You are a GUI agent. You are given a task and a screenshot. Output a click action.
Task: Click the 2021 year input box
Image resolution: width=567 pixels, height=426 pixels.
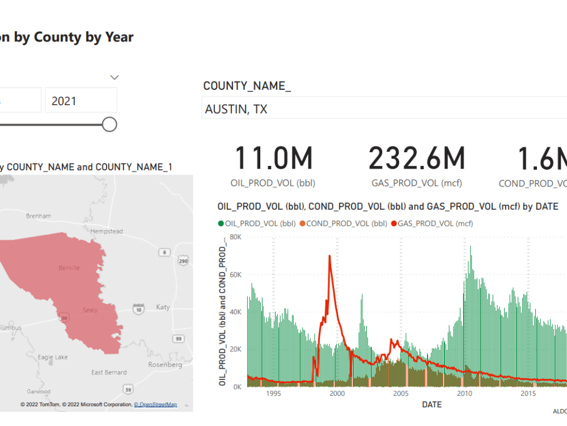coord(81,101)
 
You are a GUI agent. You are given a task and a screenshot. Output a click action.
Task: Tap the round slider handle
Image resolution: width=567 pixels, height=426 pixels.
coord(109,124)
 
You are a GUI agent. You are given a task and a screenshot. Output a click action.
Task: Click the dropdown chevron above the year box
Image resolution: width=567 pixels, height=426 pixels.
coord(115,77)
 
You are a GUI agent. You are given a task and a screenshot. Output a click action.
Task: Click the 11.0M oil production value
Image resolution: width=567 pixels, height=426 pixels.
coord(273,158)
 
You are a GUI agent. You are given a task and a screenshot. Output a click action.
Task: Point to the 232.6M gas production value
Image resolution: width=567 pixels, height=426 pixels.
coord(417,158)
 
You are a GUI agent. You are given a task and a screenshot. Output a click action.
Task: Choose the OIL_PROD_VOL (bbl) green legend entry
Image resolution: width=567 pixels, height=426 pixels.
coord(256,223)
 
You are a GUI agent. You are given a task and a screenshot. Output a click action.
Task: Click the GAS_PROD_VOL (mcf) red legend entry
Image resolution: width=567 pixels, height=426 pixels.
coord(432,223)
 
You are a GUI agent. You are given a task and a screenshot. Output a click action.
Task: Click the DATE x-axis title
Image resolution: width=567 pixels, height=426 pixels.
coord(433,405)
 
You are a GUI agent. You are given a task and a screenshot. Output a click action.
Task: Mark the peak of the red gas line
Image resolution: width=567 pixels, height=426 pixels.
coord(329,256)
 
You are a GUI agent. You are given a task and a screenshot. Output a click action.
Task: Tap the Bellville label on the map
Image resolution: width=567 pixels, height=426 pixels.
coord(69,268)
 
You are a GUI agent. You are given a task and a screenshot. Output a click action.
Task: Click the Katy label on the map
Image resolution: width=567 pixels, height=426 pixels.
coord(163,307)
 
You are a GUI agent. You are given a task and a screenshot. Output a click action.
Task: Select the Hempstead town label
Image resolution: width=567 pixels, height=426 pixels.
coord(107,231)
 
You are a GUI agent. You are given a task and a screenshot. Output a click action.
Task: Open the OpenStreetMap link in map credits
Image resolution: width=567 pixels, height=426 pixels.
coord(155,404)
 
